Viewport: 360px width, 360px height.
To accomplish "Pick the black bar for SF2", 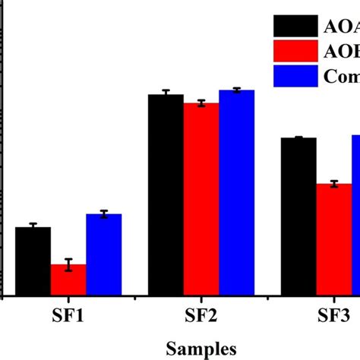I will [x=165, y=194].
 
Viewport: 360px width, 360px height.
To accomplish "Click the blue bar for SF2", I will [x=236, y=192].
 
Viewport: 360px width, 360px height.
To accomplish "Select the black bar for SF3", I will [x=298, y=216].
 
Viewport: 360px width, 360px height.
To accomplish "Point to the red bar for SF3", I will [x=333, y=239].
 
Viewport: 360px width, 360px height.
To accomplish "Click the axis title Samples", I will [x=201, y=347].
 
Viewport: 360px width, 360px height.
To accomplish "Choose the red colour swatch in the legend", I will [x=295, y=51].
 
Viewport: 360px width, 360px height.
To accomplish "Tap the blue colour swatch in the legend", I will [x=295, y=76].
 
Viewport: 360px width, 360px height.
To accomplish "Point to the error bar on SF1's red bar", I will [x=68, y=264].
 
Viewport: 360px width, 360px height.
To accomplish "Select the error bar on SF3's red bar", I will [x=333, y=184].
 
